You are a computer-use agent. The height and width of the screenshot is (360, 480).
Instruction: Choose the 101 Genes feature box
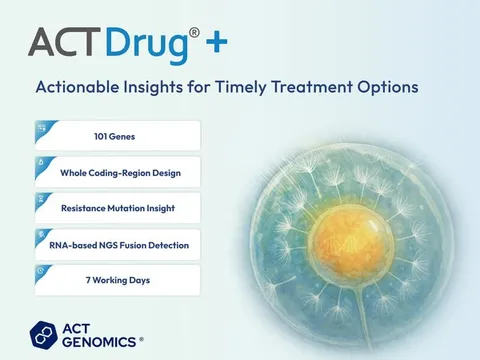click(117, 136)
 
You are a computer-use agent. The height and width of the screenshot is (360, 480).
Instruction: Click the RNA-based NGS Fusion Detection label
click(124, 244)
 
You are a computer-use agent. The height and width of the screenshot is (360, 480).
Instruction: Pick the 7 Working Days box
click(117, 280)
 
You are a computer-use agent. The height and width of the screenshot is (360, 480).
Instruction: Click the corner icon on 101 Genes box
click(41, 127)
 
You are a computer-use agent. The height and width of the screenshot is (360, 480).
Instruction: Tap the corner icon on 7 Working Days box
click(40, 270)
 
